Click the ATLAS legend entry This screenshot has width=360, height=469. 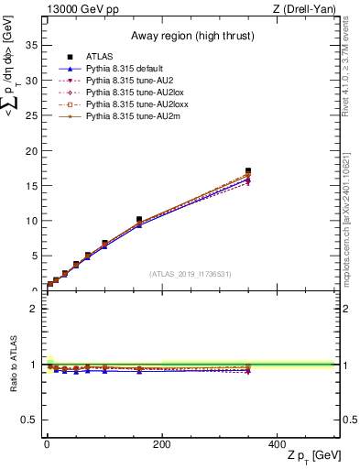click(99, 57)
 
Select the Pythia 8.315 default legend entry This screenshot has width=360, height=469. click(127, 69)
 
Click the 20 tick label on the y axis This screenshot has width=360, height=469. click(34, 150)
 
